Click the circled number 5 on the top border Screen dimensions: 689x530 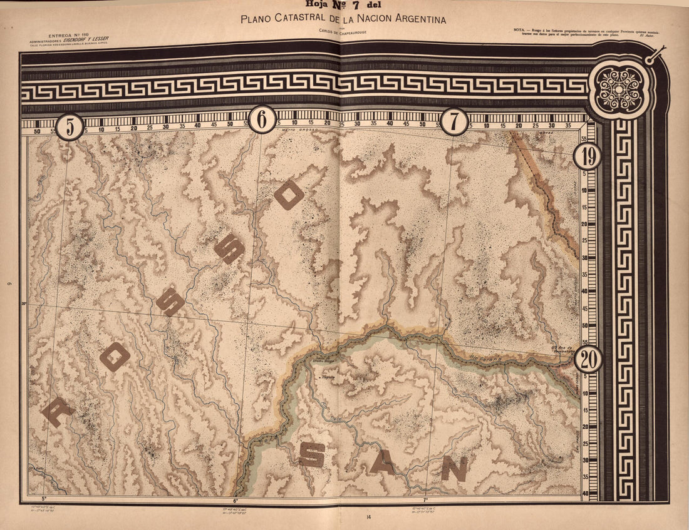70,126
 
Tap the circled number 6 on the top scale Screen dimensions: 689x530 262,119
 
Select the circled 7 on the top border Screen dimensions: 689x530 454,121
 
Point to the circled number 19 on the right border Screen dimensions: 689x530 588,156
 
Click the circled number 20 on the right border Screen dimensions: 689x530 588,359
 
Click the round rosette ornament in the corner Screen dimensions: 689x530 619,88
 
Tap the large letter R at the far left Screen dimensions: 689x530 57,412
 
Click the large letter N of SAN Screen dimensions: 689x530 454,468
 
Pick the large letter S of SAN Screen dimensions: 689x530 311,455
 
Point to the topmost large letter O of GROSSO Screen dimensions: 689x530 289,195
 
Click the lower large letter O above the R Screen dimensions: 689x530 115,357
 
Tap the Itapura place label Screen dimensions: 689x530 328,377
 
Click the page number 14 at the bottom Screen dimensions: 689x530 370,517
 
